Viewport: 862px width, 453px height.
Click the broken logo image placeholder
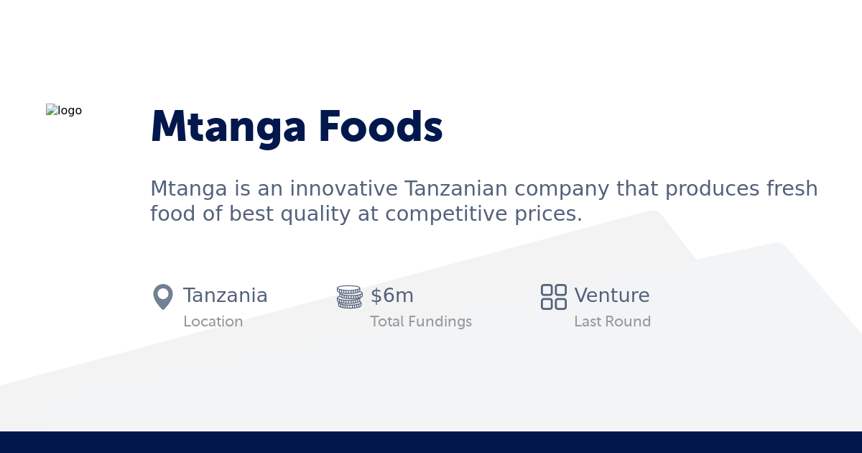[64, 111]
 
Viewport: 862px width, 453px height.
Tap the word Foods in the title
[380, 127]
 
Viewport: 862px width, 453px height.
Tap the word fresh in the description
[792, 188]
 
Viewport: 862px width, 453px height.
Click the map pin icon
[163, 296]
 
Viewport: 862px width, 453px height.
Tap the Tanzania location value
[225, 296]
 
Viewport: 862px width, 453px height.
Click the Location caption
[213, 322]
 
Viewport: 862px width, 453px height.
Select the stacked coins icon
[350, 296]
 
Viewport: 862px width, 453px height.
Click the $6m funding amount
[392, 296]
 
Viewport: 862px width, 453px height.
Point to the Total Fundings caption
[421, 322]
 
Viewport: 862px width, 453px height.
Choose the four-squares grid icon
[554, 296]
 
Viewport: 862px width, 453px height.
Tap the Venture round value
[612, 296]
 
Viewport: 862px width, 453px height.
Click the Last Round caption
[612, 322]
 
